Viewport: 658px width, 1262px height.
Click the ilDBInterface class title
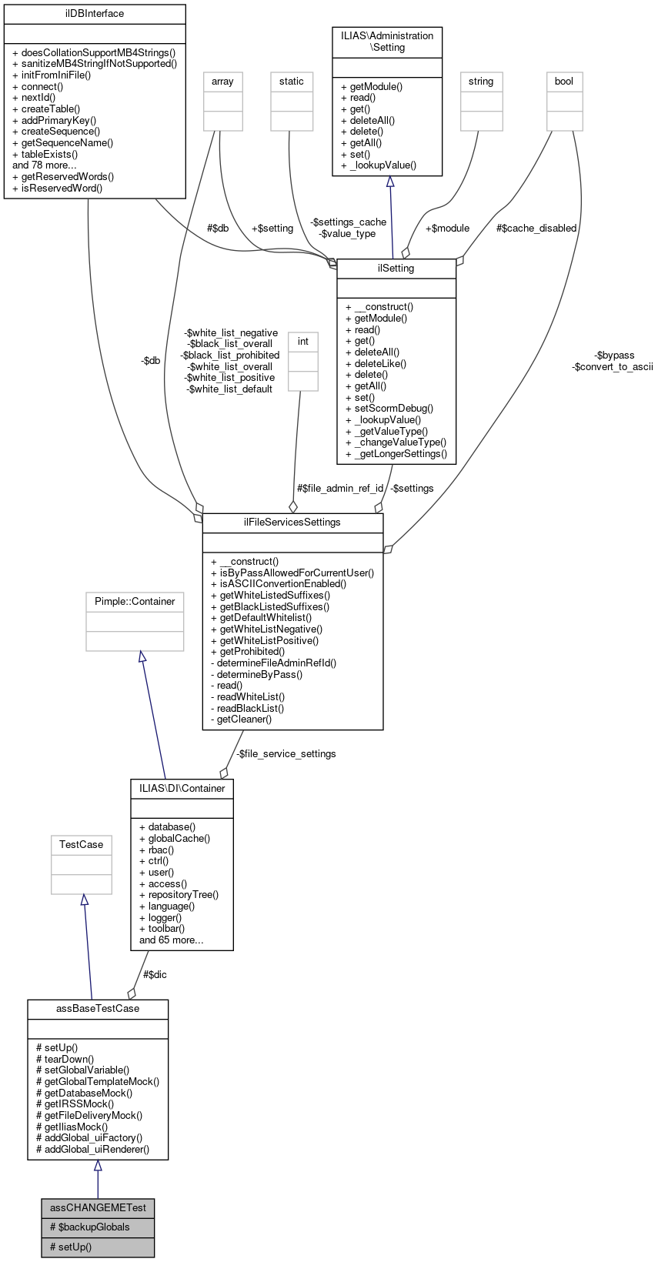pyautogui.click(x=95, y=14)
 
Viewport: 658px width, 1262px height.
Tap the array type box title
pyautogui.click(x=222, y=82)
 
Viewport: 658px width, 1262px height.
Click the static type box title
pyautogui.click(x=292, y=82)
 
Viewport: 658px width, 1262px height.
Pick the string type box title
pyautogui.click(x=481, y=82)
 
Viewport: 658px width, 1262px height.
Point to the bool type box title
pyautogui.click(x=564, y=82)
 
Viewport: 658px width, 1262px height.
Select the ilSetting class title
pyautogui.click(x=396, y=269)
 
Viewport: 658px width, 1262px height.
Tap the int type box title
pyautogui.click(x=303, y=342)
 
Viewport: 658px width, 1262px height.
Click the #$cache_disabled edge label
pyautogui.click(x=536, y=229)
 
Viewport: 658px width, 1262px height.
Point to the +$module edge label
pyautogui.click(x=447, y=229)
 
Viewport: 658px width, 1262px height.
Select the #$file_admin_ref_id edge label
pyautogui.click(x=340, y=489)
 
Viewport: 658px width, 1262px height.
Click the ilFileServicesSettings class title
pyautogui.click(x=292, y=522)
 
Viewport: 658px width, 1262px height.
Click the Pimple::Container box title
pyautogui.click(x=135, y=602)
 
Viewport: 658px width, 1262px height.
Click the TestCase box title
pyautogui.click(x=82, y=845)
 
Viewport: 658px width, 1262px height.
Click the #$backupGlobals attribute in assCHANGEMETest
pyautogui.click(x=90, y=1227)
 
